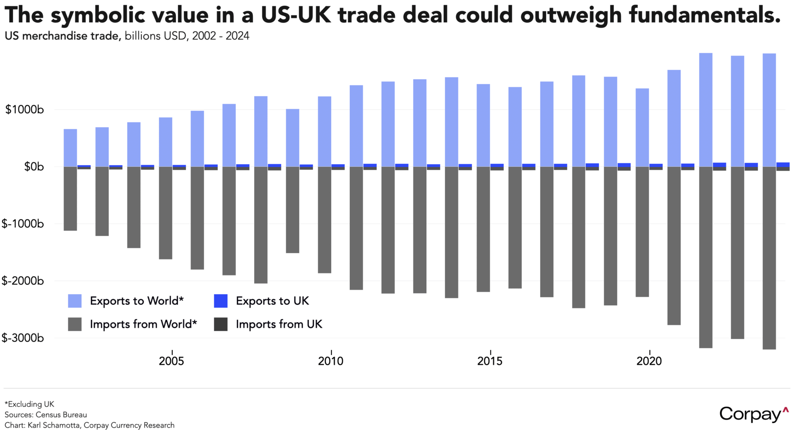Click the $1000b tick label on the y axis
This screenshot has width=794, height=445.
point(24,109)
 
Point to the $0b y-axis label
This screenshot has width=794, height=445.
point(34,167)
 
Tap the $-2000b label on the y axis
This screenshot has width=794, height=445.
point(23,281)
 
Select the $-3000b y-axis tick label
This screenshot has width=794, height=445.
point(23,338)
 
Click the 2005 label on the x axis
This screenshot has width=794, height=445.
point(171,361)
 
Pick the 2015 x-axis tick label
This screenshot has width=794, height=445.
point(490,361)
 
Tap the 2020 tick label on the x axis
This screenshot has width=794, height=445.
point(649,361)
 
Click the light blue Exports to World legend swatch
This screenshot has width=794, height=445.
point(75,301)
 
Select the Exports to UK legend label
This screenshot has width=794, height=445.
point(272,301)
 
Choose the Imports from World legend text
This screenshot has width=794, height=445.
point(143,324)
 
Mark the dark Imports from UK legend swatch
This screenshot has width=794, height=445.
point(221,324)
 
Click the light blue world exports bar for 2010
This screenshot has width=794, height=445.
point(324,131)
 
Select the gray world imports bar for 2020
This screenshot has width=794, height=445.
point(642,231)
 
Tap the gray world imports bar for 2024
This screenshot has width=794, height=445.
point(769,258)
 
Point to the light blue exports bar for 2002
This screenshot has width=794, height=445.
point(70,148)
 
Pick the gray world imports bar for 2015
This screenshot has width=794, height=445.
point(483,229)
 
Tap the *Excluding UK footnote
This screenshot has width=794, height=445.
point(29,404)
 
